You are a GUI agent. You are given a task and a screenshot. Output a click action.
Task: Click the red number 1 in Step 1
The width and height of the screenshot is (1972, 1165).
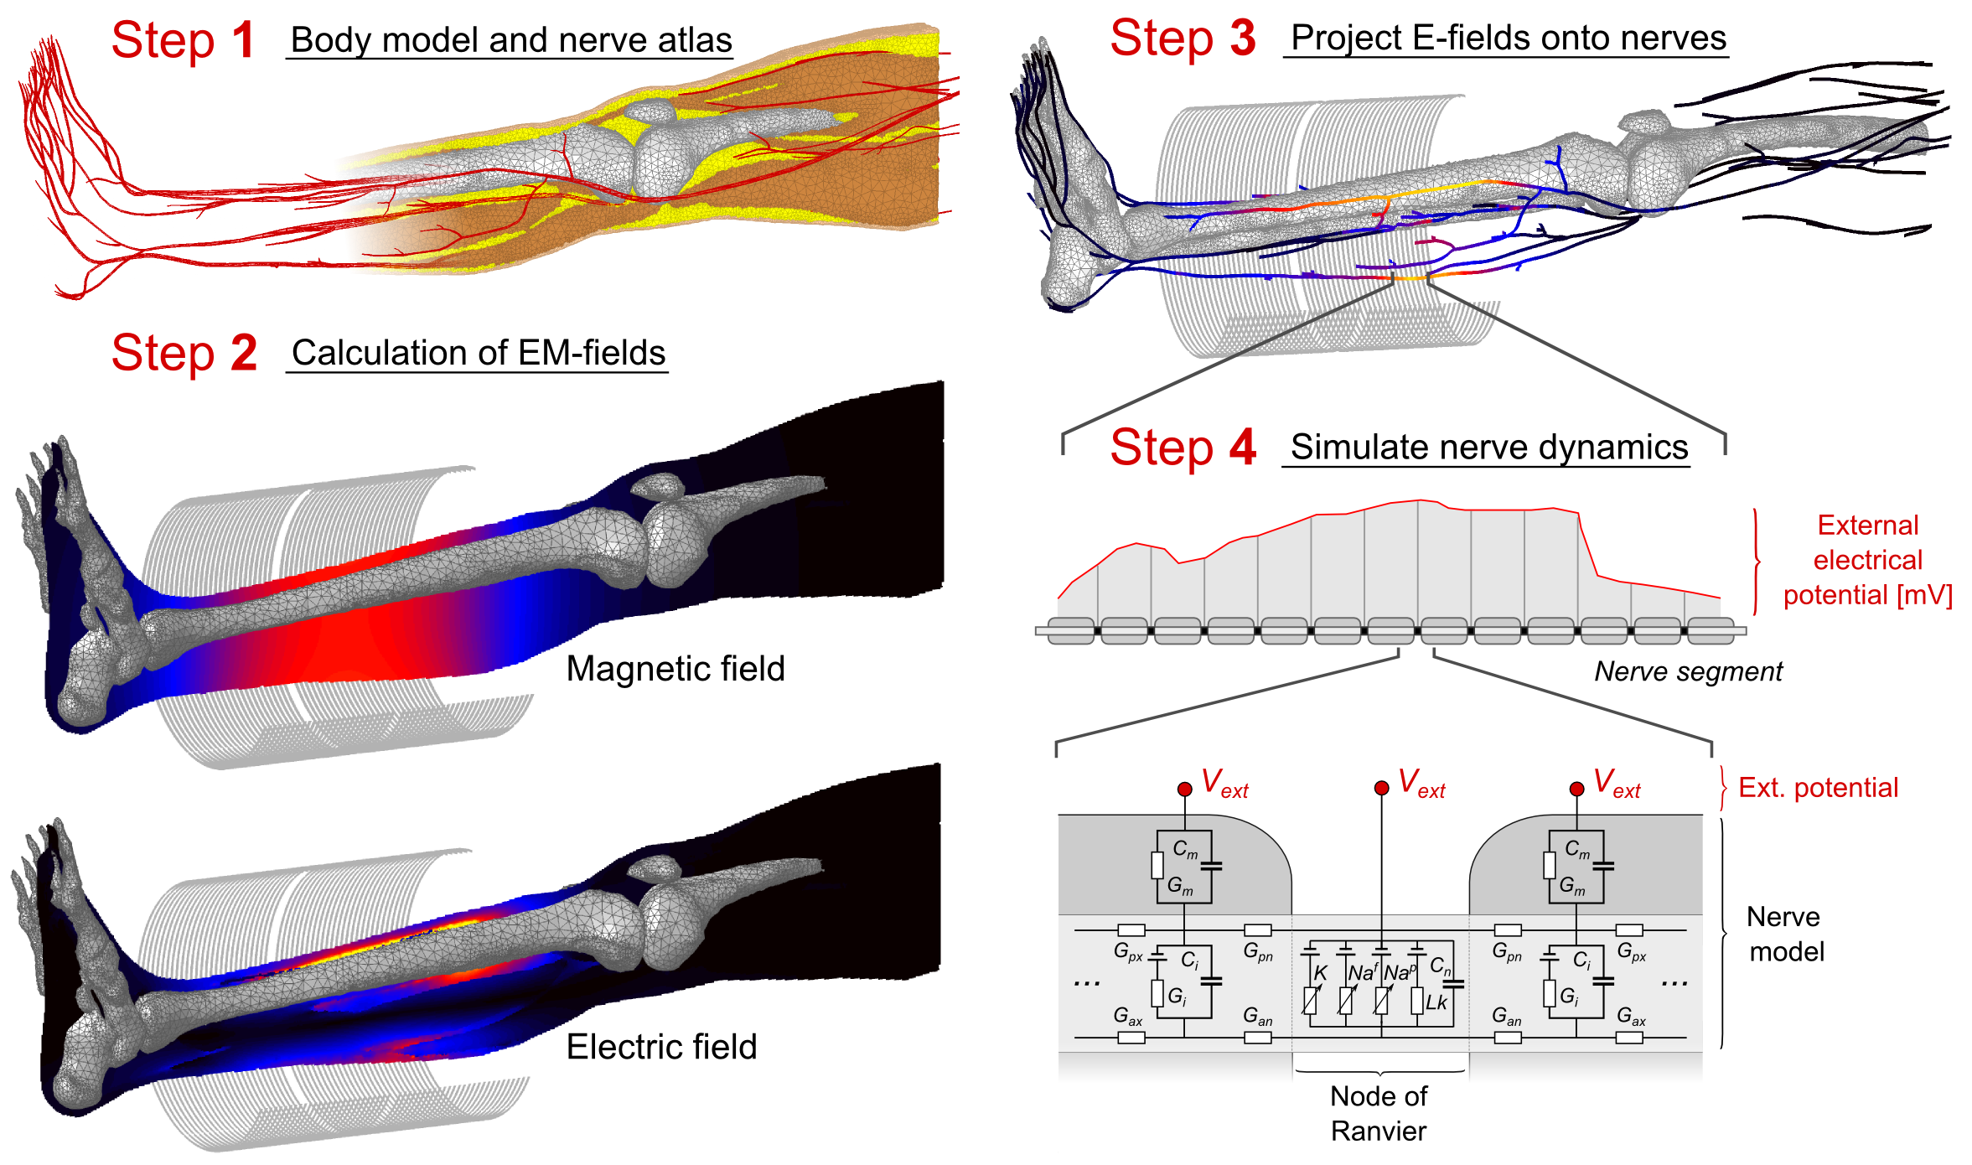pos(244,40)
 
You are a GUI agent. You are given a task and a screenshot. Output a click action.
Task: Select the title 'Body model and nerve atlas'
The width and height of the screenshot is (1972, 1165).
pos(510,40)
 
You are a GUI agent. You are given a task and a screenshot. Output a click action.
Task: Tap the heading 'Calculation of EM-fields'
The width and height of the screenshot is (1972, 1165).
pos(478,353)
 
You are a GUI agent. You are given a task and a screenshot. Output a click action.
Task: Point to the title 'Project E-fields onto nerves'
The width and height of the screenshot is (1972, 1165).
pos(1508,38)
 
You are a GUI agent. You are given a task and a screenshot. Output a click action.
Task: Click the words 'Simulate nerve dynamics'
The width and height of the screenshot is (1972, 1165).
pos(1488,447)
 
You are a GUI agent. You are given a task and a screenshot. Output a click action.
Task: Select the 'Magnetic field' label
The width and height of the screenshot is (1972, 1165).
pos(675,669)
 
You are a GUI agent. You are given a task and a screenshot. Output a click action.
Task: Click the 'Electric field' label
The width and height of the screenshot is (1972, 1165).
pos(661,1047)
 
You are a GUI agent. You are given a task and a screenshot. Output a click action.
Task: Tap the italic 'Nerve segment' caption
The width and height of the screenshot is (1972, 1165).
pos(1687,671)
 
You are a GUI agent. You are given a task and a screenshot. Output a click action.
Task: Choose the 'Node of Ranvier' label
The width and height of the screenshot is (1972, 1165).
pos(1379,1113)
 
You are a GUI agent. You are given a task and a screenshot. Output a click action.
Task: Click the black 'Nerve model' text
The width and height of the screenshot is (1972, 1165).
pos(1785,934)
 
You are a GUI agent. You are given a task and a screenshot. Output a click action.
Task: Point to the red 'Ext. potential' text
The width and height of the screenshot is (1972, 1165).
pos(1818,788)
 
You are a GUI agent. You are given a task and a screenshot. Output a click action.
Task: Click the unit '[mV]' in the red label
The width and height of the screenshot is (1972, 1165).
pos(1926,595)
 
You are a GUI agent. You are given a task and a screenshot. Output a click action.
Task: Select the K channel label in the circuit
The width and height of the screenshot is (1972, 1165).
pos(1321,973)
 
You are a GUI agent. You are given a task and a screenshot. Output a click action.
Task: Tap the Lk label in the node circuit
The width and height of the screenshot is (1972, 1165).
pos(1436,1002)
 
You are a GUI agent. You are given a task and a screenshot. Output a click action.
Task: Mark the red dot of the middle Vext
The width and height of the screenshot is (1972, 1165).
pos(1381,788)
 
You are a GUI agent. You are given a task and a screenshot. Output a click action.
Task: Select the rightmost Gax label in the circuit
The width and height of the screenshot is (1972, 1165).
pos(1631,1017)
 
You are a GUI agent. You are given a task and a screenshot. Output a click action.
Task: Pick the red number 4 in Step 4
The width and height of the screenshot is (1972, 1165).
pos(1242,448)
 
